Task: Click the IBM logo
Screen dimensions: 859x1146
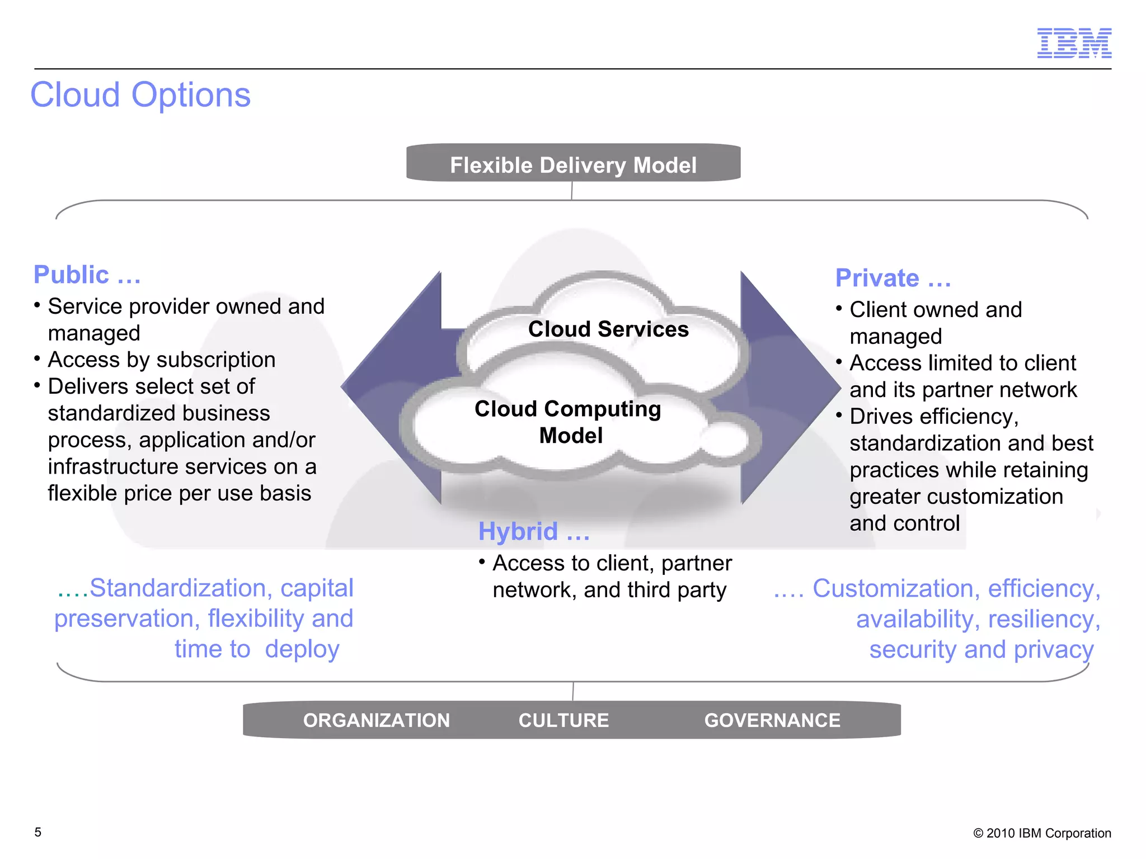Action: click(1074, 43)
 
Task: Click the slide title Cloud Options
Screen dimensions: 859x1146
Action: click(140, 95)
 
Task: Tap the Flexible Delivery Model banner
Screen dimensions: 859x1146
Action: click(573, 165)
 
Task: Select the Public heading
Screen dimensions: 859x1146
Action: click(87, 275)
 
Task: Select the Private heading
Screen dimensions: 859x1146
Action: click(893, 278)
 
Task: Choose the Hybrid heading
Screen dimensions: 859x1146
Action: click(533, 531)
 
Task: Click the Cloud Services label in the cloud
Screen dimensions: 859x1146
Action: click(608, 329)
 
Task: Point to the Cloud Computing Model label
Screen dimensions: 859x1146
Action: click(568, 422)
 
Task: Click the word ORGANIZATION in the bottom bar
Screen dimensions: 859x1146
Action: click(376, 720)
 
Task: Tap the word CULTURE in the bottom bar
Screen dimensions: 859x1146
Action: click(563, 720)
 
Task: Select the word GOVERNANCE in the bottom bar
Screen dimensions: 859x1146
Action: click(772, 720)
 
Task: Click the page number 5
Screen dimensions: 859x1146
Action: click(38, 832)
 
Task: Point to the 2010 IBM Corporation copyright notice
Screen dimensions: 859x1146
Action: click(1042, 833)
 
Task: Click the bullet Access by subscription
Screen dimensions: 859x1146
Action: click(161, 360)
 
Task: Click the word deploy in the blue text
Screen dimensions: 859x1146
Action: click(302, 649)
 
